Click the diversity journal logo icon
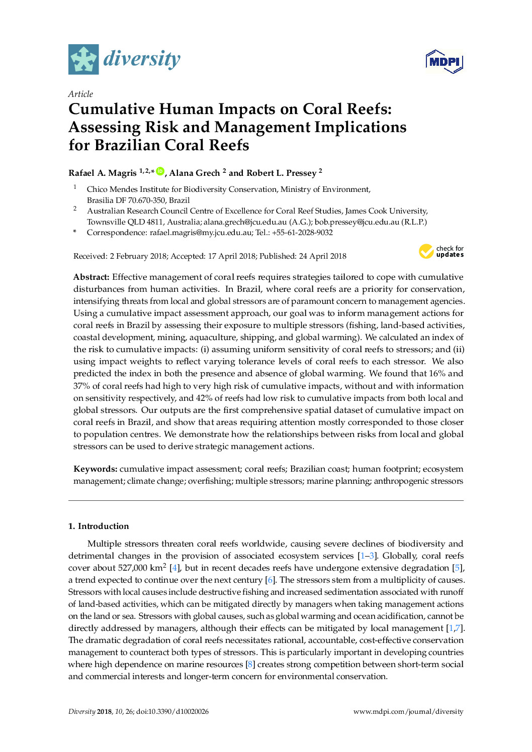(83, 60)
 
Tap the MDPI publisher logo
(444, 62)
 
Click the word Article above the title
(80, 94)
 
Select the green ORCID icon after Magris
(160, 171)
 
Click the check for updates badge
(441, 252)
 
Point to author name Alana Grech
(195, 173)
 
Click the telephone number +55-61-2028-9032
(302, 232)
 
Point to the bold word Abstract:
(91, 277)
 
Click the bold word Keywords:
(95, 469)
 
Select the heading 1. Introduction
(99, 526)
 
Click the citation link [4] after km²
(174, 568)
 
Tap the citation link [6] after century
(270, 580)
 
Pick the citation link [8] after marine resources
(250, 664)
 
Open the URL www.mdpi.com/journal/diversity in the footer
(408, 711)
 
